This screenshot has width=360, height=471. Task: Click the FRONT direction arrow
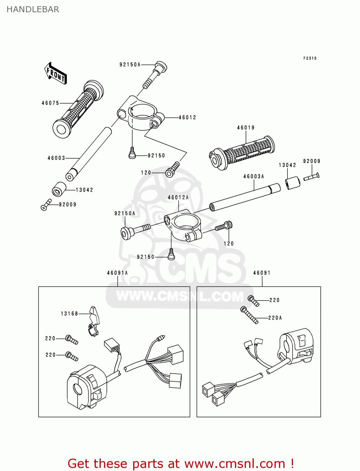(x=56, y=73)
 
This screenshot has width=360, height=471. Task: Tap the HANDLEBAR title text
(x=33, y=9)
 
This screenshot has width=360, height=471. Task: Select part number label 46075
(x=50, y=103)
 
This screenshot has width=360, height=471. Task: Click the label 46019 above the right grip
(x=246, y=127)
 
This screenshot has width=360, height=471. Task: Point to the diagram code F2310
(x=310, y=58)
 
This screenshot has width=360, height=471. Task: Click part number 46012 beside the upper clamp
(x=187, y=117)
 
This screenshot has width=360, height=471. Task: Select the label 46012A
(x=178, y=198)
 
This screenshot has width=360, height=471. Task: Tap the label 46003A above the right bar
(x=254, y=176)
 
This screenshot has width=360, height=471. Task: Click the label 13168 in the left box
(x=69, y=314)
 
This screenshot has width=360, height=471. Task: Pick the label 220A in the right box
(x=275, y=318)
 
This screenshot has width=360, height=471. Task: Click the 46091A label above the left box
(x=117, y=273)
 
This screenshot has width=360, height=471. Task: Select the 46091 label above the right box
(x=262, y=273)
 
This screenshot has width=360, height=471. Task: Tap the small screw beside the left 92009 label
(x=46, y=205)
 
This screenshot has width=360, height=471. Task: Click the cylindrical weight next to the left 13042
(x=59, y=189)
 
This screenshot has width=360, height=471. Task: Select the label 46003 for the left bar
(x=56, y=158)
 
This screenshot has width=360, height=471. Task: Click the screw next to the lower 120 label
(x=224, y=226)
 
